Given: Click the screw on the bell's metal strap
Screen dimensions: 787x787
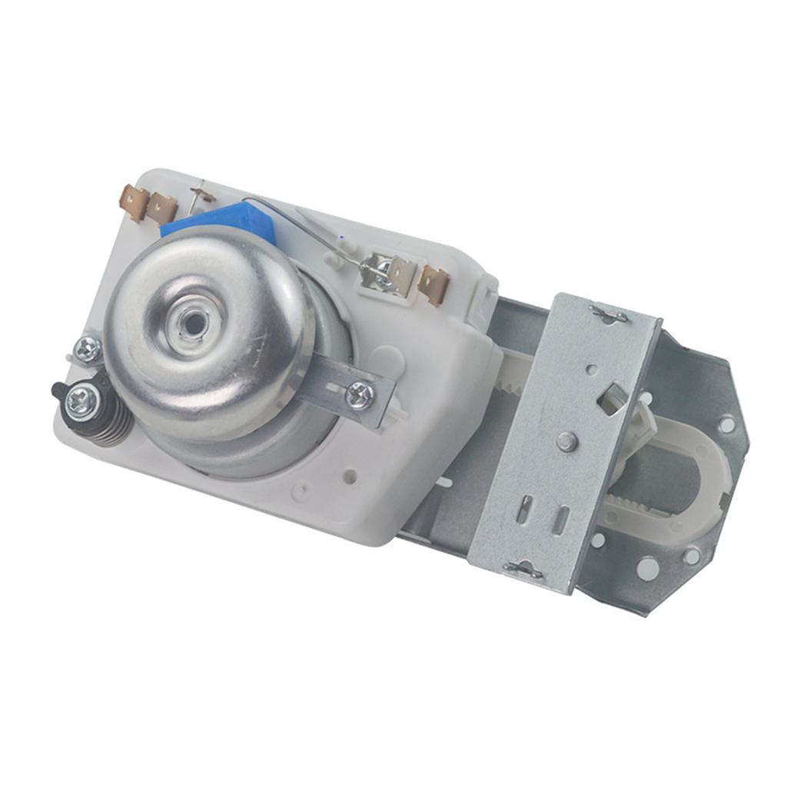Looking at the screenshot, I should point(359,395).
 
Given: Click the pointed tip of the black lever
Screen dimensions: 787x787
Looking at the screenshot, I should point(56,388).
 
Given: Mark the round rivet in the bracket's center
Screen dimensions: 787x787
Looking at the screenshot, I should point(567,440).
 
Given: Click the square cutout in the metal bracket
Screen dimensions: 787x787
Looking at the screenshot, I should point(613,398).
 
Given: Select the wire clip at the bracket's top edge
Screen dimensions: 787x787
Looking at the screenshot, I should point(609,314).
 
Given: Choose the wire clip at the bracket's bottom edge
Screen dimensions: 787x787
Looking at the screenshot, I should point(523,569).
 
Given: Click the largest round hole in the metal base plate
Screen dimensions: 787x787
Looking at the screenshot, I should point(647,569).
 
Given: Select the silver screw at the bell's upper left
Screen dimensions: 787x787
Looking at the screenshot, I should point(88,350).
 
